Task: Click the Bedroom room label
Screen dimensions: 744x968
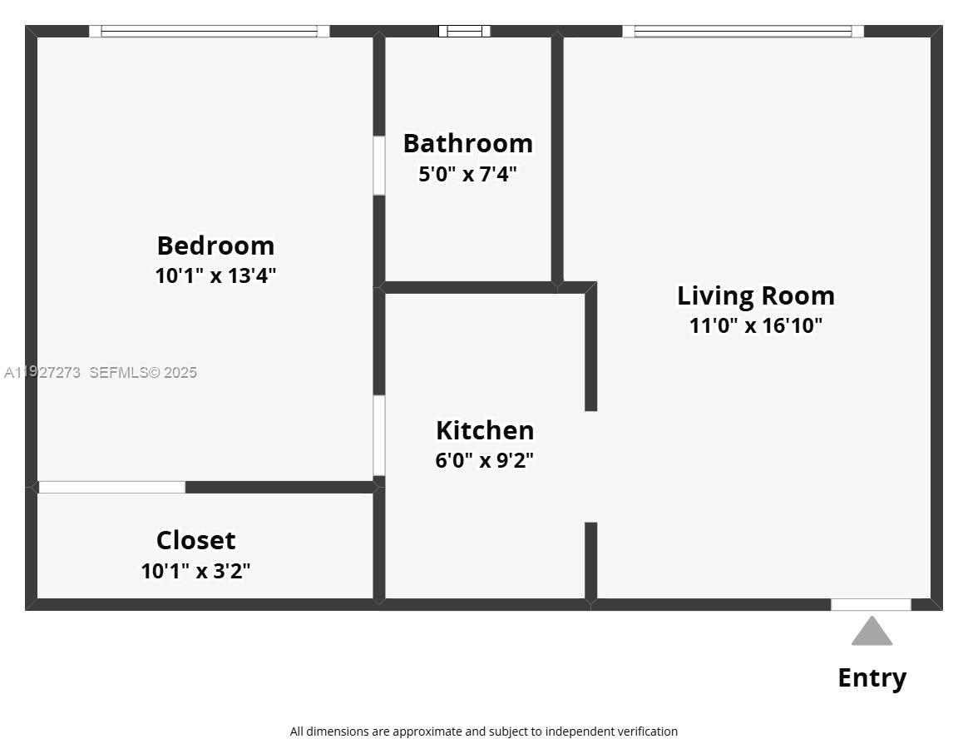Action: click(x=215, y=246)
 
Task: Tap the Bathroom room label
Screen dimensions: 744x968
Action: click(x=467, y=143)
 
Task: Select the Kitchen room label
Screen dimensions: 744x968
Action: click(x=485, y=430)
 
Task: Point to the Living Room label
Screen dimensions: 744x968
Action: click(x=755, y=295)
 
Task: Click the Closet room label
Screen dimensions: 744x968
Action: click(x=195, y=540)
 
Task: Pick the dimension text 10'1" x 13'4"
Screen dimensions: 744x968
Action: click(x=215, y=275)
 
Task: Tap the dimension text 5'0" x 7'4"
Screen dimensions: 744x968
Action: click(x=467, y=174)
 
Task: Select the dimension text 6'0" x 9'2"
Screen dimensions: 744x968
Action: click(x=484, y=460)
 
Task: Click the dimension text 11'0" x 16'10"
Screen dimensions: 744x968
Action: click(x=755, y=325)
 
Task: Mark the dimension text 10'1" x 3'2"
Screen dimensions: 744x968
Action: click(x=195, y=571)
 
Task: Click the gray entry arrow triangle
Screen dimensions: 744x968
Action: click(x=872, y=632)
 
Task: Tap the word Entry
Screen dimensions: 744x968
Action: click(x=872, y=677)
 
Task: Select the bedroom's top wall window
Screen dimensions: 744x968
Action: click(x=209, y=32)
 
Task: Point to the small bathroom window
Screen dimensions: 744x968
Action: click(x=464, y=32)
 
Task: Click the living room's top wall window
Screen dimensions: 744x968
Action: click(x=743, y=32)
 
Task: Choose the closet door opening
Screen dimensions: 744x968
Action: click(x=111, y=487)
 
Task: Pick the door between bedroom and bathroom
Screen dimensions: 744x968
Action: click(x=379, y=166)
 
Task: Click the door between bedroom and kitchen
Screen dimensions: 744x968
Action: click(x=379, y=435)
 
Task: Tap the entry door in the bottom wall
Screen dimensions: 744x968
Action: click(x=871, y=605)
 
